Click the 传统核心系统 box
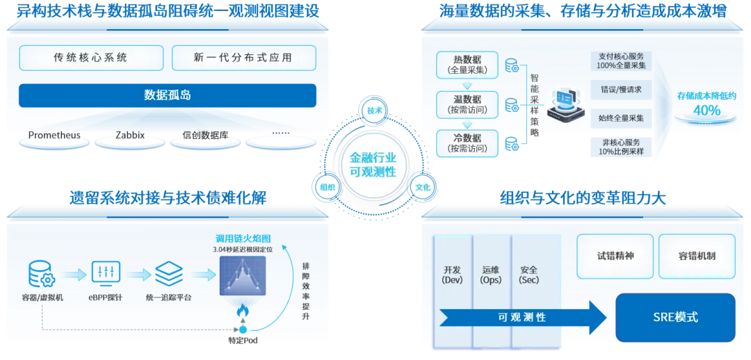pyautogui.click(x=90, y=58)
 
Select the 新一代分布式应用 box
pyautogui.click(x=243, y=58)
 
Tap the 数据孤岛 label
pyautogui.click(x=167, y=95)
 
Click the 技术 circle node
pyautogui.click(x=375, y=111)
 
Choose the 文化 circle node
pyautogui.click(x=422, y=188)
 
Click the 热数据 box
pyautogui.click(x=467, y=64)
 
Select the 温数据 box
pyautogui.click(x=467, y=104)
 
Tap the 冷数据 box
pyautogui.click(x=467, y=143)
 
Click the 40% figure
pyautogui.click(x=706, y=110)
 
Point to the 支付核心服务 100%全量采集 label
pyautogui.click(x=621, y=60)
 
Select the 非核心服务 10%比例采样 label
pyautogui.click(x=621, y=147)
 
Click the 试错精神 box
pyautogui.click(x=615, y=256)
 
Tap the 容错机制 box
pyautogui.click(x=696, y=256)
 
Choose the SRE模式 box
pyautogui.click(x=675, y=318)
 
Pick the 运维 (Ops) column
pyautogui.click(x=491, y=275)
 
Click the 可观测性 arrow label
pyautogui.click(x=522, y=318)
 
